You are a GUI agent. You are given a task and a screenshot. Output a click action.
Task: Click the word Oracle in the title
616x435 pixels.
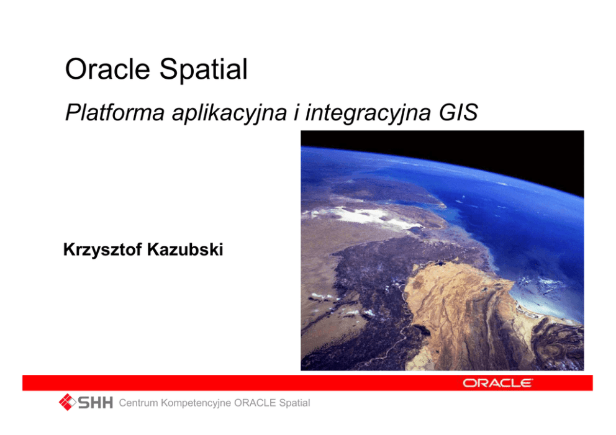[107, 69]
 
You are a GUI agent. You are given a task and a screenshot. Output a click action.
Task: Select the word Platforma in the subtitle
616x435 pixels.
[115, 112]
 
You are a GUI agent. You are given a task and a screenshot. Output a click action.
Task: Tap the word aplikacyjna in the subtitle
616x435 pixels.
[229, 113]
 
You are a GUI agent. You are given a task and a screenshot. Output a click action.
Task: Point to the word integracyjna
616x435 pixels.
[368, 113]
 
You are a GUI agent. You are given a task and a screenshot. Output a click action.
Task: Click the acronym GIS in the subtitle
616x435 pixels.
[458, 112]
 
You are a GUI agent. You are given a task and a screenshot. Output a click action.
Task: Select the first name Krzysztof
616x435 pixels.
[102, 250]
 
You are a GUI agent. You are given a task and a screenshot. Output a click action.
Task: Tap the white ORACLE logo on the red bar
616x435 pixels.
[498, 383]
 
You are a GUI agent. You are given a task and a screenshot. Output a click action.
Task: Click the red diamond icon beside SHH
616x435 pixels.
[67, 402]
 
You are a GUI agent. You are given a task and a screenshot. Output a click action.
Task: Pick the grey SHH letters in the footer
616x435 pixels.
[96, 403]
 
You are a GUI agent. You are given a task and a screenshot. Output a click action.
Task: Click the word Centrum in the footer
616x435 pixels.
[138, 403]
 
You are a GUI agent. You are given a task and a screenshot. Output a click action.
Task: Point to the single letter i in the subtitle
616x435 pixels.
[297, 112]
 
